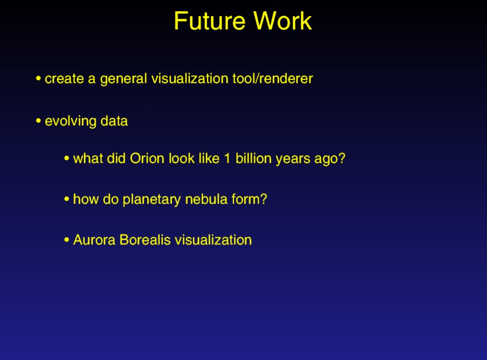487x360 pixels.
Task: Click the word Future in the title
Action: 210,21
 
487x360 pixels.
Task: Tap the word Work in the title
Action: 282,21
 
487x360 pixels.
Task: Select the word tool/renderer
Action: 272,78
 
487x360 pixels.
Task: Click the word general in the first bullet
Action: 124,79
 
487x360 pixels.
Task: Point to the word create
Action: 65,79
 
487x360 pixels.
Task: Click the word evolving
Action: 71,122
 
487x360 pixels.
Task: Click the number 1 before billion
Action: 227,158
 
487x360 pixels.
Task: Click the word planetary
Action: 152,200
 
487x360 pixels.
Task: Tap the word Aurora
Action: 94,240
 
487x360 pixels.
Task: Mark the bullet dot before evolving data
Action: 38,121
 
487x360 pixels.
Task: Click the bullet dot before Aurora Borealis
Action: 67,239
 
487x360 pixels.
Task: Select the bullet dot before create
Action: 38,78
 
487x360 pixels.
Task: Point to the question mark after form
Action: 263,199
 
